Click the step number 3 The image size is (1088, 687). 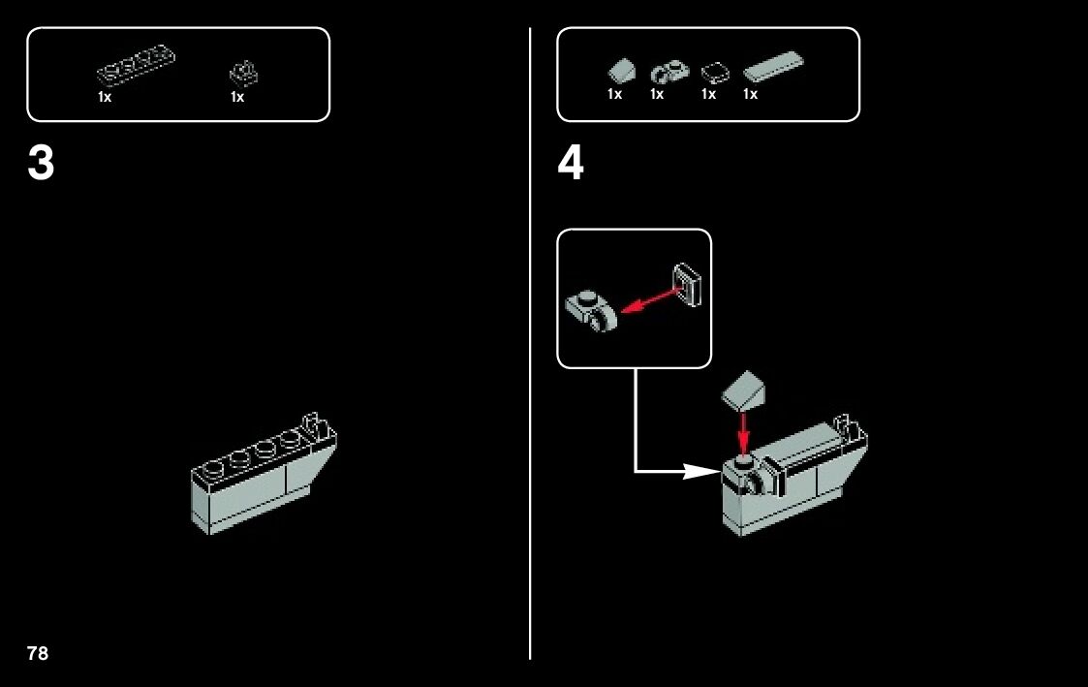pos(42,165)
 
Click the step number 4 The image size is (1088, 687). pos(571,165)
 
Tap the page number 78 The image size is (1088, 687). pos(38,653)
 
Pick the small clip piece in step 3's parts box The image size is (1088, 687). pos(243,74)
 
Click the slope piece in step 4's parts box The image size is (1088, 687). pos(619,71)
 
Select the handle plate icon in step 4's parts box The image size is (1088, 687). pos(666,71)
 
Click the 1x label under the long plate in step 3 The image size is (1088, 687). pos(105,98)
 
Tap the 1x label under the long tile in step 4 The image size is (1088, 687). pos(750,95)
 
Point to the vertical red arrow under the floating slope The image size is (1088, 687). pos(743,432)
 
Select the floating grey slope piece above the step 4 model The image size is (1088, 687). pos(744,390)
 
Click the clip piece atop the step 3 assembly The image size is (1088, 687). pos(313,423)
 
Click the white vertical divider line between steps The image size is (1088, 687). pos(530,388)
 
